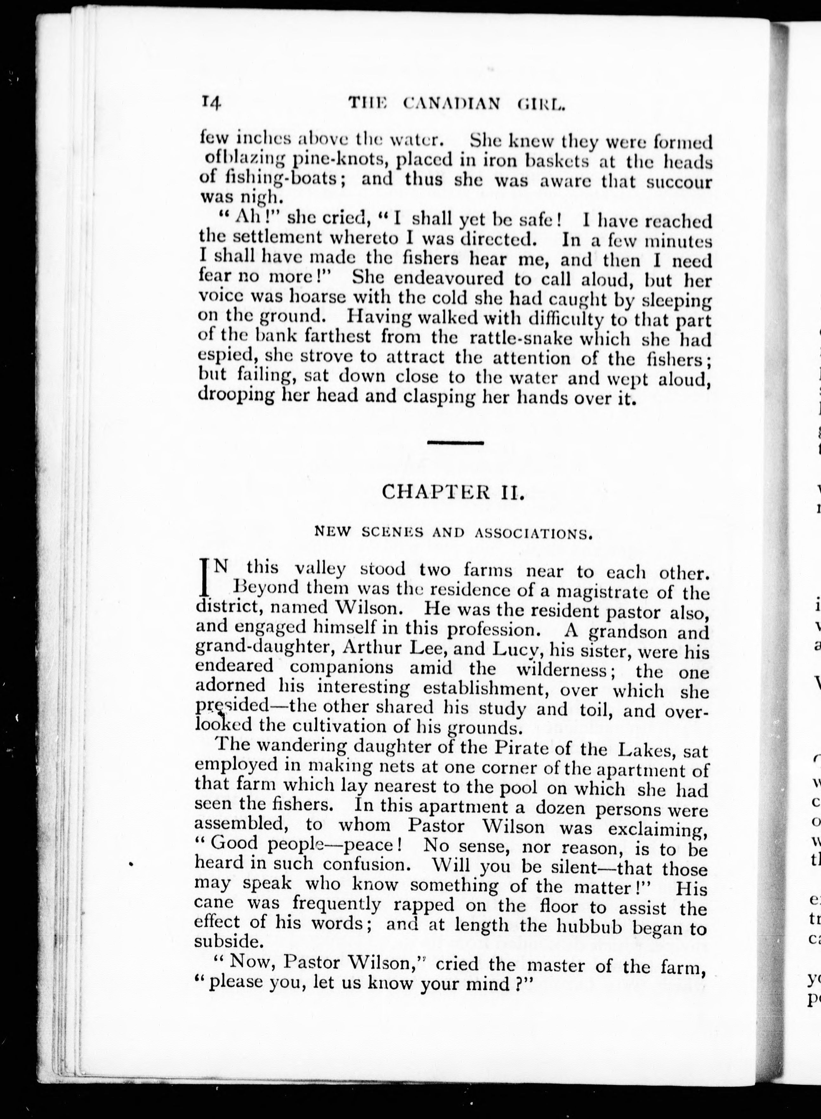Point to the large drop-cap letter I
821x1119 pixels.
coord(203,576)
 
